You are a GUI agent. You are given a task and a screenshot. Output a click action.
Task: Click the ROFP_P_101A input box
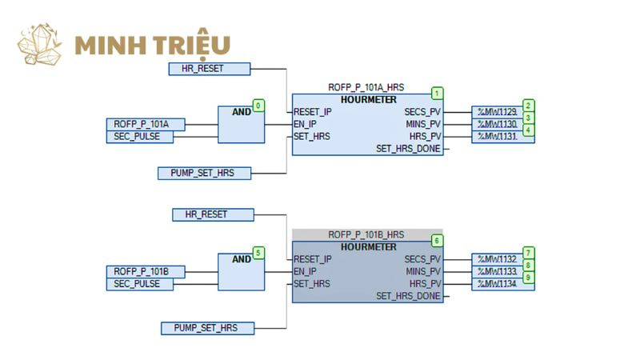146,124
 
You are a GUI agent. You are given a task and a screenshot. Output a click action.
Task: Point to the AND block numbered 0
241,124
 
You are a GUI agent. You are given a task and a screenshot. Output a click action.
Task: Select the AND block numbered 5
241,272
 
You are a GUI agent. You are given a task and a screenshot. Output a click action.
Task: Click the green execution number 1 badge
437,93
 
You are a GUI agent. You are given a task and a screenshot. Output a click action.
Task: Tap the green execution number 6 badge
437,240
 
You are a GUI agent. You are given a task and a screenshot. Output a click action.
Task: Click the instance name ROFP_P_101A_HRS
366,87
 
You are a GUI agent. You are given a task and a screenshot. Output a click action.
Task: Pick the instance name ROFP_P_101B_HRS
366,234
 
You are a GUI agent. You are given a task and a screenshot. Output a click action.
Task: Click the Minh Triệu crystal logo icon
40,45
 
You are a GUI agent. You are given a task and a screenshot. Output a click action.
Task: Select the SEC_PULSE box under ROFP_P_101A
139,137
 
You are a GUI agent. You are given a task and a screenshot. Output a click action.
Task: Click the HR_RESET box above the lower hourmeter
213,214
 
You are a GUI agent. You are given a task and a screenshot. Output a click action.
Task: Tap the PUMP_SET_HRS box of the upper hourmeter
205,173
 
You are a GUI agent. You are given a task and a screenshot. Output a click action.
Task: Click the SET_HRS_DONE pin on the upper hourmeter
409,149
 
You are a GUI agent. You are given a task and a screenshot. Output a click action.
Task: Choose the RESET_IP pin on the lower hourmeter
313,259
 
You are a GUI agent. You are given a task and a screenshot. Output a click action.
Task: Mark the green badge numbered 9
528,278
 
